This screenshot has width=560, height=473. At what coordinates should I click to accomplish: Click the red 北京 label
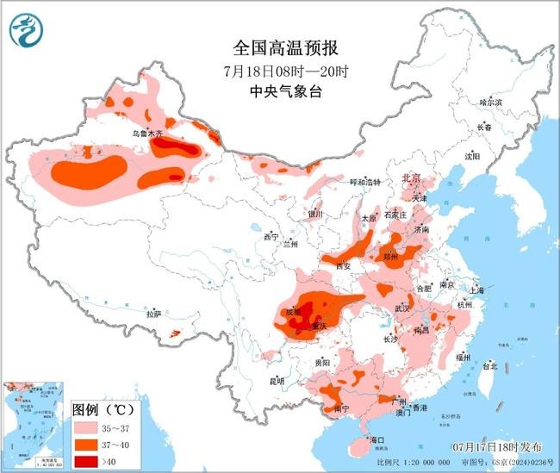coord(412,178)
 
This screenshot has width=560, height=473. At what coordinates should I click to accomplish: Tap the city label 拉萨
coord(153,315)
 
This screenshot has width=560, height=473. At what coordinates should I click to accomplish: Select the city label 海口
coord(376,440)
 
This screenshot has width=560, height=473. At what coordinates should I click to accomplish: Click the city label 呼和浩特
coord(352,183)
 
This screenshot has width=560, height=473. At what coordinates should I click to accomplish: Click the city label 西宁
coord(271,237)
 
